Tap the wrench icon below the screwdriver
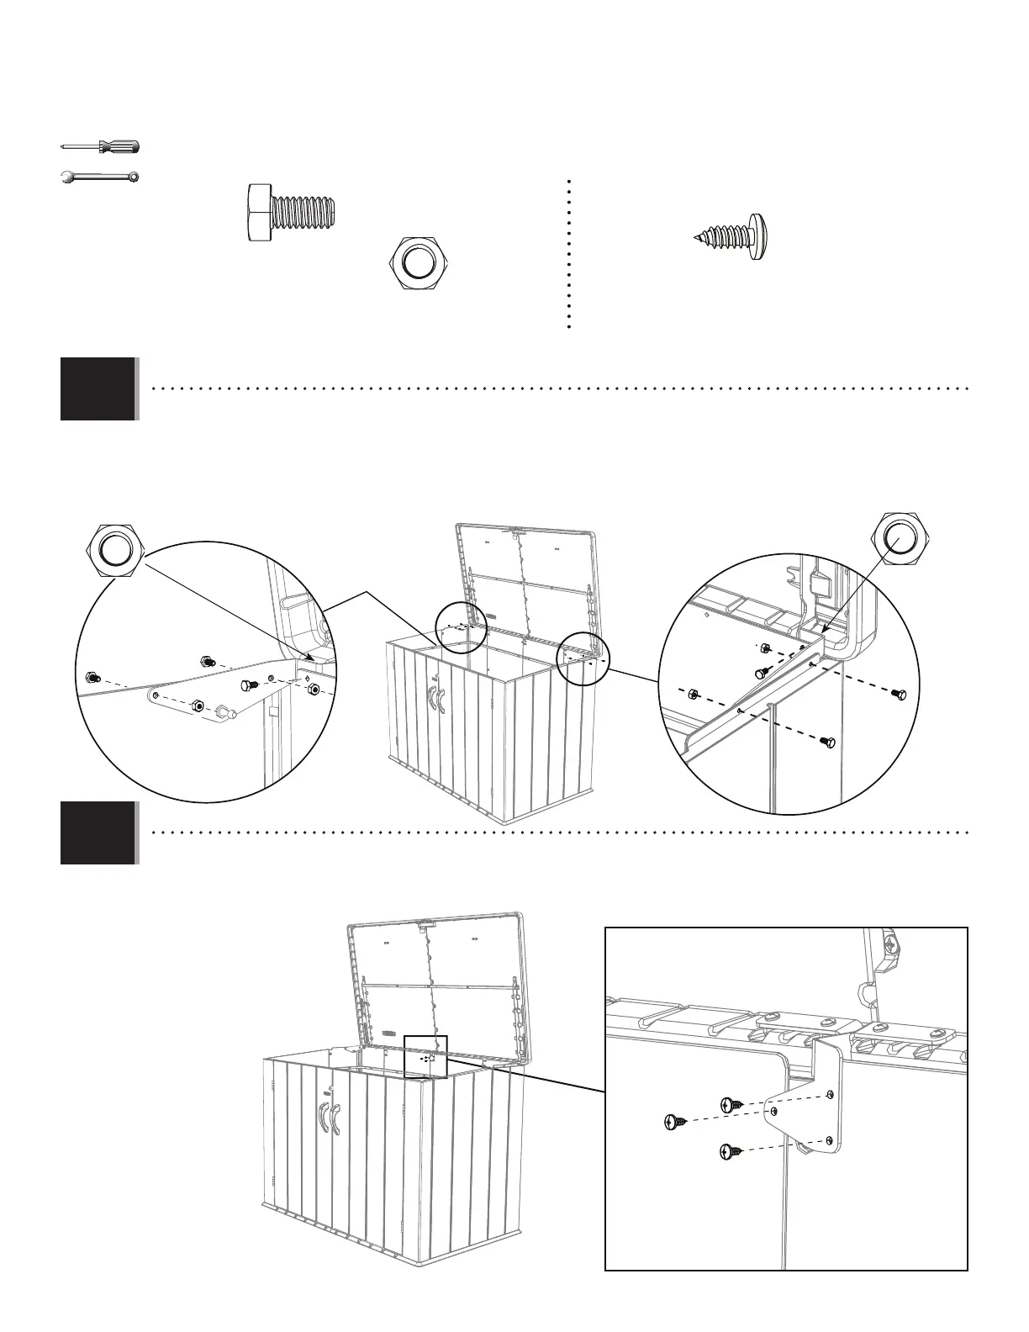100,177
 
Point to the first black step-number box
98,388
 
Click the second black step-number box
98,832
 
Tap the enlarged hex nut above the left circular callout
116,550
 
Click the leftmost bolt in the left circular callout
92,677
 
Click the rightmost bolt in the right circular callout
900,693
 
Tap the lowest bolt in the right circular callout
826,742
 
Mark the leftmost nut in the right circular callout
692,694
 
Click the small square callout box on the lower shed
426,1057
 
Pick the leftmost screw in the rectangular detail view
674,1121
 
